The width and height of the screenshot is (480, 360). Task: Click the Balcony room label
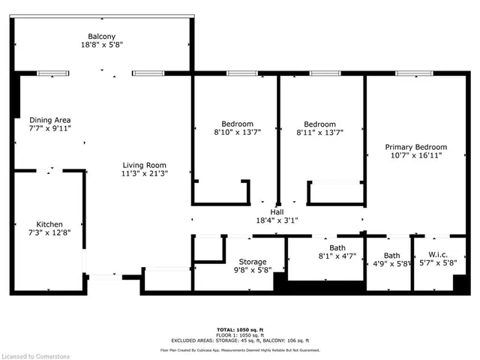[102, 35]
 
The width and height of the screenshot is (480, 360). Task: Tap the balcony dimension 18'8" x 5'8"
[102, 45]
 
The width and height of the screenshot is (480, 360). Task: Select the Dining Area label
[50, 119]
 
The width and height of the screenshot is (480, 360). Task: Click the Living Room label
[145, 165]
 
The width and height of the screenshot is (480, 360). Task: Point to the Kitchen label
[49, 223]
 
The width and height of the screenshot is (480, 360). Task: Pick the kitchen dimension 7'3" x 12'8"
[49, 232]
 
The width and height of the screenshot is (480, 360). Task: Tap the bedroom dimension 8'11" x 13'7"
[319, 133]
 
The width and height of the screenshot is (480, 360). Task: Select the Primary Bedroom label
[415, 147]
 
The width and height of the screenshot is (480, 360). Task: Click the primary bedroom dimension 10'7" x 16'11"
[415, 156]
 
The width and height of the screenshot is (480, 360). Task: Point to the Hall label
[277, 212]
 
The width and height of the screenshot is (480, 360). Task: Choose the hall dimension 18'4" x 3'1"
[277, 221]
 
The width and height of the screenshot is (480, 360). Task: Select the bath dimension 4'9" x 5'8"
[392, 264]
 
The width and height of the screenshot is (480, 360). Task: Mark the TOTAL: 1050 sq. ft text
[240, 329]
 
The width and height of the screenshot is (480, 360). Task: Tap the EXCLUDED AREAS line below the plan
[240, 340]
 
